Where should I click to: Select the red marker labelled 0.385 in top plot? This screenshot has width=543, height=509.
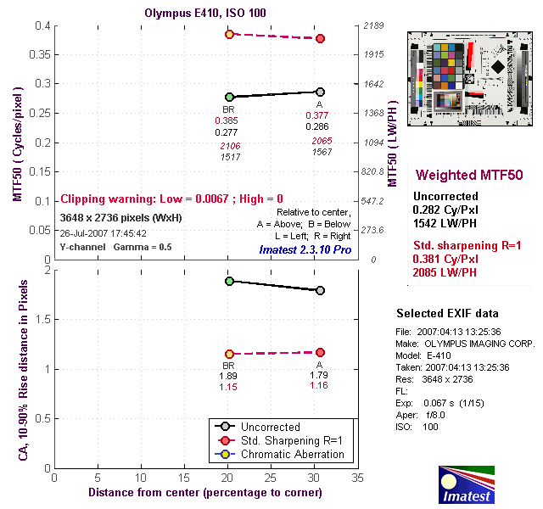tap(229, 34)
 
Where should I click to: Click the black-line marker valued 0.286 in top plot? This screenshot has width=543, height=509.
tap(320, 92)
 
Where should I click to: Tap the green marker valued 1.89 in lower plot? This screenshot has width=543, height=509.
tap(229, 281)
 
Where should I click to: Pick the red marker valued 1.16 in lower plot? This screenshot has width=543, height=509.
tap(320, 352)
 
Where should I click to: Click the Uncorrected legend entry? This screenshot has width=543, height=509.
tap(270, 427)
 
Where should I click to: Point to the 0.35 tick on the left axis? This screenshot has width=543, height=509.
tap(38, 54)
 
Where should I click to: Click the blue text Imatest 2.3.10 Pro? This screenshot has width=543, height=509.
tap(307, 249)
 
